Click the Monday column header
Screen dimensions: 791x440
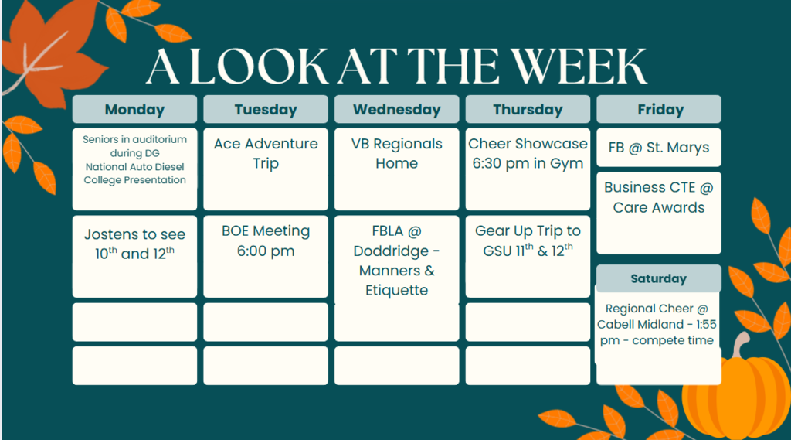[x=134, y=109]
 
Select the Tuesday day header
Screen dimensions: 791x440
[x=266, y=109]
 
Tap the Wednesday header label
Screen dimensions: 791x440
[x=397, y=109]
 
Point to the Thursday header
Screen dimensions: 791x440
[x=528, y=109]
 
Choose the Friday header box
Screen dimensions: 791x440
[x=659, y=109]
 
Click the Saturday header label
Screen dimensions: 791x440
[x=659, y=278]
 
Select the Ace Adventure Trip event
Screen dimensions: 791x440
[x=266, y=169]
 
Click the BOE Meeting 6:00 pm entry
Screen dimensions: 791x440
[x=266, y=257]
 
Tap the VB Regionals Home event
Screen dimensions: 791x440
[x=397, y=169]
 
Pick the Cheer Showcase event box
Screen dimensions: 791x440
[x=528, y=169]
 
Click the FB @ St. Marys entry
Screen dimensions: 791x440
[x=659, y=148]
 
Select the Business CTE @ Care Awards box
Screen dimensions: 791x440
[x=659, y=213]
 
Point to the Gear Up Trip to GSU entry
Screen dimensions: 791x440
[x=528, y=257]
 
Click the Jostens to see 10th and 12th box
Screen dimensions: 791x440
[x=134, y=257]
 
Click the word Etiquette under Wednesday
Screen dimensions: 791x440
[x=396, y=290]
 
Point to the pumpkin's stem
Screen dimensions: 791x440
[x=741, y=345]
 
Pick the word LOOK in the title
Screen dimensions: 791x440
[x=259, y=67]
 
